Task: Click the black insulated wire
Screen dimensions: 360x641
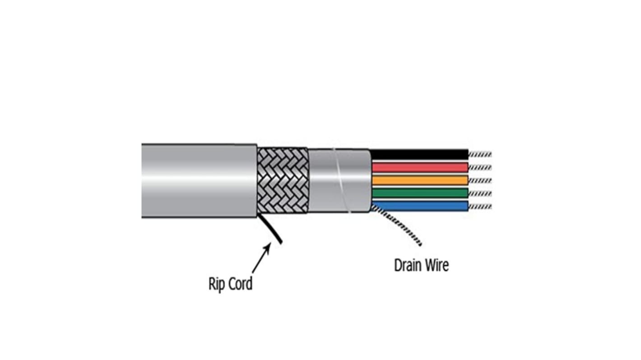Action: click(420, 154)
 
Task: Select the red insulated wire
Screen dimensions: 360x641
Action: click(420, 167)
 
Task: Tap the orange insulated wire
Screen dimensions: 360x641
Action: click(420, 180)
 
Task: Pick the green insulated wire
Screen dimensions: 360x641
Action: click(420, 193)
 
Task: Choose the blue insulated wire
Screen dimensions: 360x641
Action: click(420, 206)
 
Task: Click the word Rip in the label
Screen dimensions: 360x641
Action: click(216, 285)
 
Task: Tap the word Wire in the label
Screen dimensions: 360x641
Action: click(438, 265)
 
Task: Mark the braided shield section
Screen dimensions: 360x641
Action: click(283, 180)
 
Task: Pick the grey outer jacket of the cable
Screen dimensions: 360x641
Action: click(199, 180)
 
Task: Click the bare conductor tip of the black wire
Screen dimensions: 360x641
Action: click(480, 154)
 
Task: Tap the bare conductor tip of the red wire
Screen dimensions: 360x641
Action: click(480, 167)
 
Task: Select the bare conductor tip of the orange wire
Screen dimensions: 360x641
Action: click(480, 180)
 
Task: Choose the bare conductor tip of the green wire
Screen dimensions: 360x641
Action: click(480, 193)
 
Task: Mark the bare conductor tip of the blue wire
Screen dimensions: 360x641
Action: click(480, 206)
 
